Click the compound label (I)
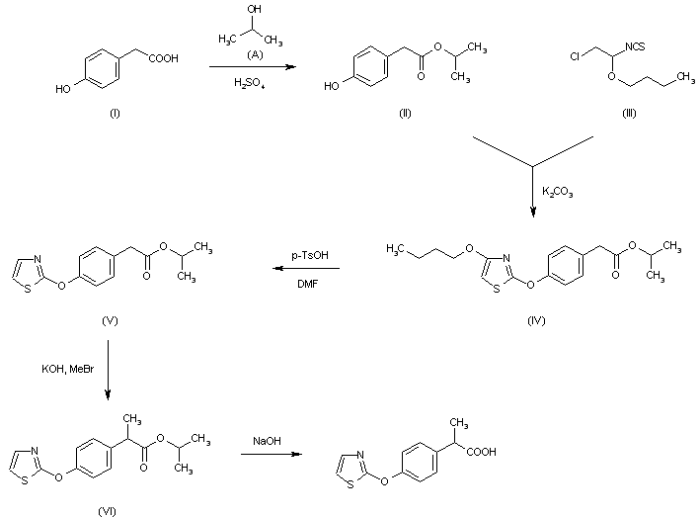(x=115, y=113)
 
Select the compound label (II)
(x=405, y=113)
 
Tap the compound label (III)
(x=629, y=113)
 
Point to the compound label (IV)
(x=536, y=320)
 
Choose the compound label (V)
(x=110, y=320)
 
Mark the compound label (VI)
(x=108, y=511)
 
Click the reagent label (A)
(x=255, y=54)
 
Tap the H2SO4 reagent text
(x=249, y=83)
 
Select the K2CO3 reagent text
(x=558, y=192)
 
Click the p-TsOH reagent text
(x=310, y=255)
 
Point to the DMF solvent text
(x=308, y=284)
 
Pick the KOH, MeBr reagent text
(x=68, y=369)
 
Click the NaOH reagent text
(x=267, y=441)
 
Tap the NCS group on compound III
(x=635, y=46)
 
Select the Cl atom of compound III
(x=575, y=56)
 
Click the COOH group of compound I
(x=163, y=58)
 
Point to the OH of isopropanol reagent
(x=255, y=9)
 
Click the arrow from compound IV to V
(x=306, y=269)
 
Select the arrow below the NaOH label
(x=272, y=455)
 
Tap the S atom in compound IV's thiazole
(x=496, y=289)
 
